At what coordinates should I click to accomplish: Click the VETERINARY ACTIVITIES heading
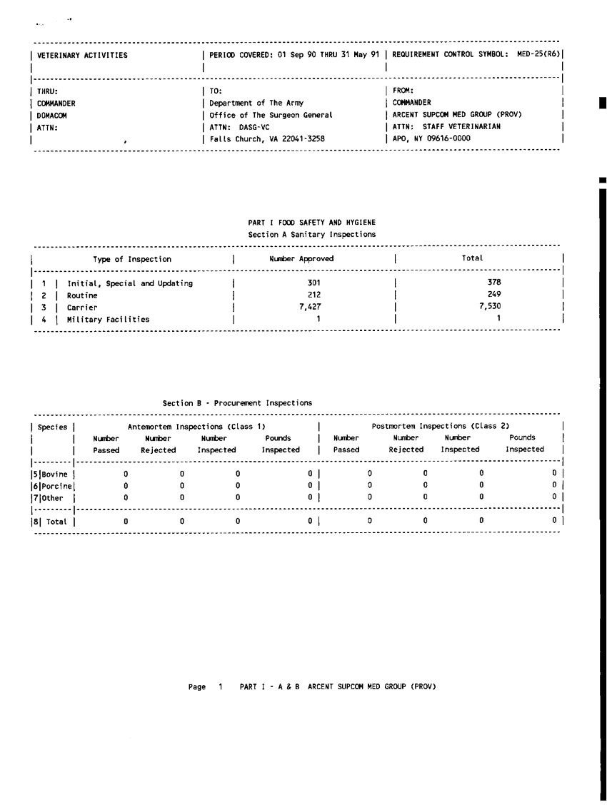point(82,55)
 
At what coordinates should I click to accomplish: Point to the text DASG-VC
point(254,127)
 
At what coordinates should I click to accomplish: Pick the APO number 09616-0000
point(447,139)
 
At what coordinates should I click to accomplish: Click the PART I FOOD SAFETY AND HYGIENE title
point(311,223)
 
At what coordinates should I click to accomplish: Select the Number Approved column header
point(301,259)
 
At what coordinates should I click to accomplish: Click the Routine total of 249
point(494,295)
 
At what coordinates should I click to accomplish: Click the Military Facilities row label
point(108,320)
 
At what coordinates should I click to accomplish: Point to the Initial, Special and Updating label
point(129,283)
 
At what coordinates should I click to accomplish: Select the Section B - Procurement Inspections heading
point(237,403)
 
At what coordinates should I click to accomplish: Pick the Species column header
point(52,427)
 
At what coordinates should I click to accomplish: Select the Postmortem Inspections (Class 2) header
point(440,427)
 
